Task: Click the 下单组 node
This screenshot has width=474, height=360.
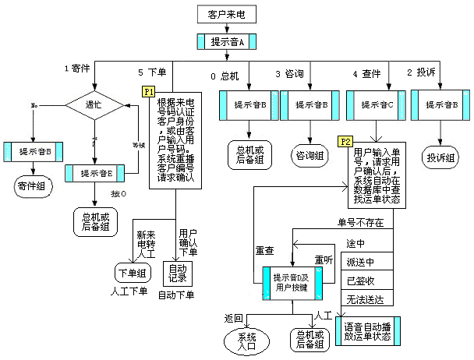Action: (130, 273)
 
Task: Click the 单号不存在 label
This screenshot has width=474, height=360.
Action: (360, 222)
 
